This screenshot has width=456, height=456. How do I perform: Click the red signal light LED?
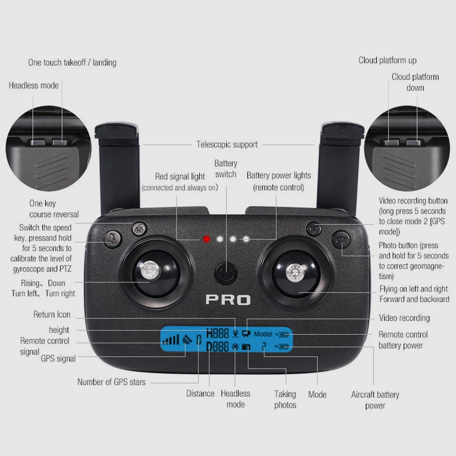207,239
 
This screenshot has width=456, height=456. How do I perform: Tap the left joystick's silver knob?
149,271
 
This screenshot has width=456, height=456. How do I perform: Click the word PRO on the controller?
228,300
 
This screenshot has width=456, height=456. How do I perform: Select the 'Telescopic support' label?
227,145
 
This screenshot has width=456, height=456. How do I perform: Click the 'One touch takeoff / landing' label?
72,62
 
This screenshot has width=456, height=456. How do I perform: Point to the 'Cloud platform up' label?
387,60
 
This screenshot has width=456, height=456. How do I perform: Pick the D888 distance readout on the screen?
218,347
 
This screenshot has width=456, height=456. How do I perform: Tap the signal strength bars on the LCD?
171,340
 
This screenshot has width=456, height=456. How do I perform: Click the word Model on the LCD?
263,334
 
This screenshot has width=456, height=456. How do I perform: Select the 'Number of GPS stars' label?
111,382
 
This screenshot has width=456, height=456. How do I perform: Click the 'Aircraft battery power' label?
375,400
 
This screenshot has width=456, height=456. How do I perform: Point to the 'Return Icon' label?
52,315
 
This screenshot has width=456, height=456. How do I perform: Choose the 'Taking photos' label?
285,399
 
